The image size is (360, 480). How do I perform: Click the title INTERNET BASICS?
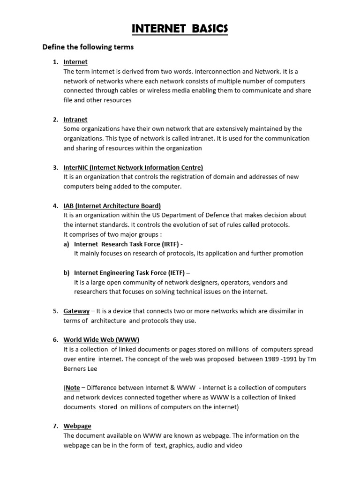click(180, 30)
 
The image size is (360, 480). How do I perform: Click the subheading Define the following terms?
click(88, 47)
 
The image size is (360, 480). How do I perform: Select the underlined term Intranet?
click(75, 120)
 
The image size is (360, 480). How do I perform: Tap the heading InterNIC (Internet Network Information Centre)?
click(133, 167)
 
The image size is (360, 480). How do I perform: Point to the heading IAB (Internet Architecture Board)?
click(112, 206)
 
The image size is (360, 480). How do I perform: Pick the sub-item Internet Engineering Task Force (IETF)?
click(130, 273)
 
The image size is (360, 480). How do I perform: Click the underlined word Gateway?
click(76, 311)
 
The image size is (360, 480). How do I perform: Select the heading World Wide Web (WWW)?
click(101, 340)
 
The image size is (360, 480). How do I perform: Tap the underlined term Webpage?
click(77, 426)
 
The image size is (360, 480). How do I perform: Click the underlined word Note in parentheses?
click(73, 388)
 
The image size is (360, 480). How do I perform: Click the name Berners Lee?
click(81, 368)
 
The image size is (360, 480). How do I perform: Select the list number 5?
click(55, 311)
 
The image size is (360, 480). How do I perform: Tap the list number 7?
click(55, 426)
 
